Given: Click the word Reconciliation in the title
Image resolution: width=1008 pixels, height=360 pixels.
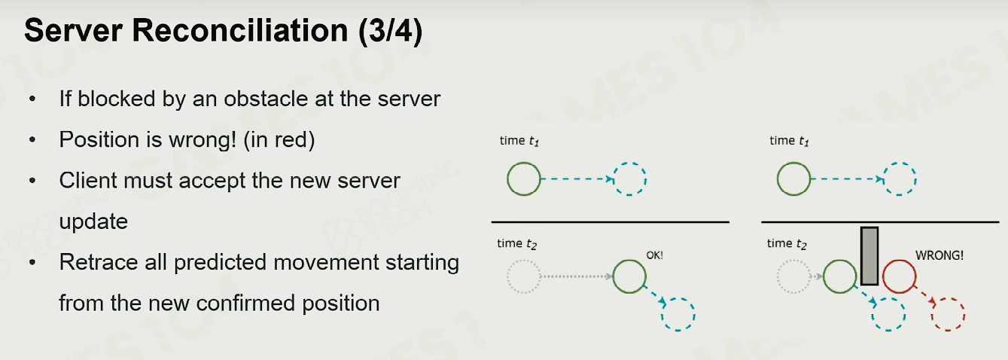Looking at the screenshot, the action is click(240, 31).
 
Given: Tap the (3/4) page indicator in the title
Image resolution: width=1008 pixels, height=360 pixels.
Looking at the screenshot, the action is click(391, 32).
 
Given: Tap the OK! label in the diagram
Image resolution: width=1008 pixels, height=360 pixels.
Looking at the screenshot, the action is click(654, 255).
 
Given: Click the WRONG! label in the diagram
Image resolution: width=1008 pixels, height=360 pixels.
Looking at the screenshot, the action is click(939, 255).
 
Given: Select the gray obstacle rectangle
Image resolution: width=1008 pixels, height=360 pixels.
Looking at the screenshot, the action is click(869, 255).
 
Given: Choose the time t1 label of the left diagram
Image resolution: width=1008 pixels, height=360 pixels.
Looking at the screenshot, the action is click(519, 141).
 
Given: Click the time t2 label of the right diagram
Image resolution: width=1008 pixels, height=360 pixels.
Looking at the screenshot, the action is click(787, 244).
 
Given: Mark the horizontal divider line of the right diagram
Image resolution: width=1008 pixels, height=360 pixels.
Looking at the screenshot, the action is click(880, 222).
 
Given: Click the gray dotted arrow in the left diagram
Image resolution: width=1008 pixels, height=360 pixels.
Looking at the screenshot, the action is click(577, 276).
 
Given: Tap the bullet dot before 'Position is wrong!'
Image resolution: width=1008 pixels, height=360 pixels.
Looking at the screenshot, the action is click(32, 140).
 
